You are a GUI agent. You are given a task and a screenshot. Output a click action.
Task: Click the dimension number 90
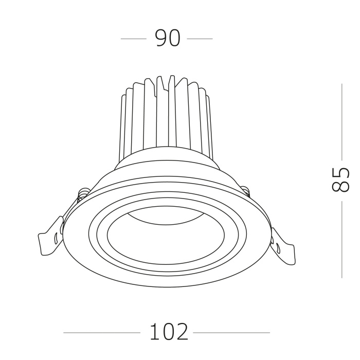pos(168,39)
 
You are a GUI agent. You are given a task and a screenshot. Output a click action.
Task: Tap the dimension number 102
pos(169,332)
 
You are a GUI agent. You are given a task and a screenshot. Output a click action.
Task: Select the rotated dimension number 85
pos(340,179)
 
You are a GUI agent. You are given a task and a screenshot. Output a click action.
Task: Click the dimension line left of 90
pos(133,39)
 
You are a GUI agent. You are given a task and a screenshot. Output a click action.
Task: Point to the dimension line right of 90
pos(200,39)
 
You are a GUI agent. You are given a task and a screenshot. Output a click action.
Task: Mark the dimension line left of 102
pos(101,333)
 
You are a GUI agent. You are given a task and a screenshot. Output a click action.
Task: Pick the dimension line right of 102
pos(231,333)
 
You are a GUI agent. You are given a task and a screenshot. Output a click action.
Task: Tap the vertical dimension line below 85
pos(341,239)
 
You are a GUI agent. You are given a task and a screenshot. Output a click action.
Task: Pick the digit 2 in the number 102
pos(182,332)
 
